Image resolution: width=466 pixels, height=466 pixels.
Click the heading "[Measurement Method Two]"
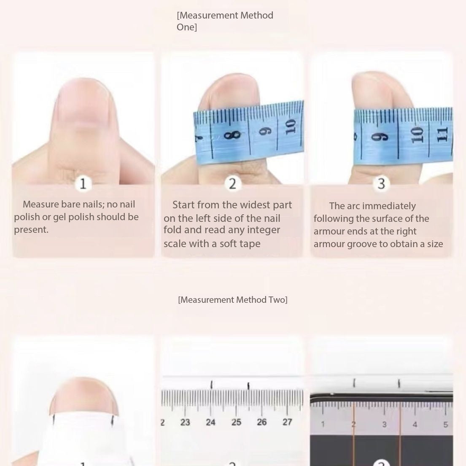pyautogui.click(x=233, y=299)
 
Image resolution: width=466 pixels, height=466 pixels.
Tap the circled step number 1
pyautogui.click(x=83, y=183)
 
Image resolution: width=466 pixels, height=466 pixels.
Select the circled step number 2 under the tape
pyautogui.click(x=232, y=183)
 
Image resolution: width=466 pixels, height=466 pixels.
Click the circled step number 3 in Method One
pyautogui.click(x=381, y=183)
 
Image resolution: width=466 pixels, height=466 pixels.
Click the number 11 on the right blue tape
pyautogui.click(x=442, y=134)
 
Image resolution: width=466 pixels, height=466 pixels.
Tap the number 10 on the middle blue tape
pyautogui.click(x=291, y=127)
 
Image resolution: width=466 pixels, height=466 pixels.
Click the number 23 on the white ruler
pyautogui.click(x=185, y=422)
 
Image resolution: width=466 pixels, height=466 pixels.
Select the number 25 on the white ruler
pyautogui.click(x=236, y=422)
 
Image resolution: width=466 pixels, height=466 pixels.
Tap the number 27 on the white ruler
pyautogui.click(x=287, y=422)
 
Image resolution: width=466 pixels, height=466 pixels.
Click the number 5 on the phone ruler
pyautogui.click(x=445, y=424)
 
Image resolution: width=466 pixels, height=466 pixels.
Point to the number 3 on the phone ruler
pyautogui.click(x=384, y=424)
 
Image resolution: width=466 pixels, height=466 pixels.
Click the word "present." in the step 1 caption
pyautogui.click(x=31, y=230)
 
